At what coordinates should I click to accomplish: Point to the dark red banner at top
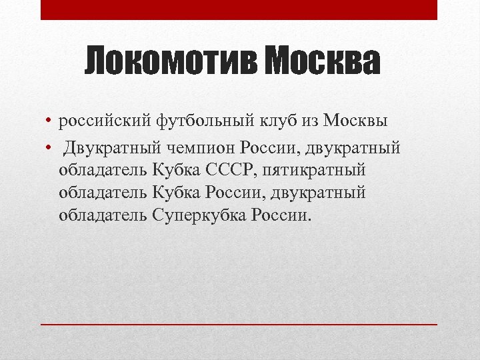[239, 9]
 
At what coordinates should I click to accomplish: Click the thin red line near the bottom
[239, 324]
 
